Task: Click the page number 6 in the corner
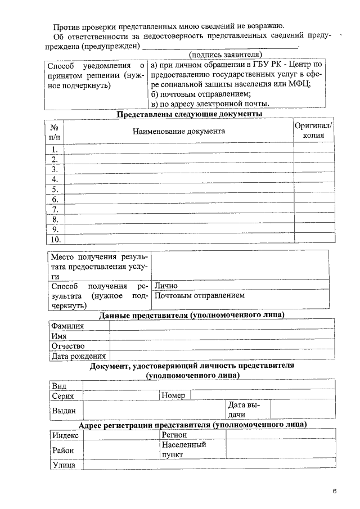pyautogui.click(x=334, y=492)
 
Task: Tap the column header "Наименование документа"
pyautogui.click(x=179, y=131)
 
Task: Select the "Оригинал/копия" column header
pyautogui.click(x=313, y=130)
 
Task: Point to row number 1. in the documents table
pyautogui.click(x=55, y=149)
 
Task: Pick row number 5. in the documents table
pyautogui.click(x=55, y=190)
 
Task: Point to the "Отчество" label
pyautogui.click(x=67, y=346)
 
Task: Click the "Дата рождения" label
pyautogui.click(x=78, y=356)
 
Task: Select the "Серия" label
pyautogui.click(x=63, y=396)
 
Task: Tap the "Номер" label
pyautogui.click(x=173, y=396)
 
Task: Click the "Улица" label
pyautogui.click(x=64, y=465)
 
